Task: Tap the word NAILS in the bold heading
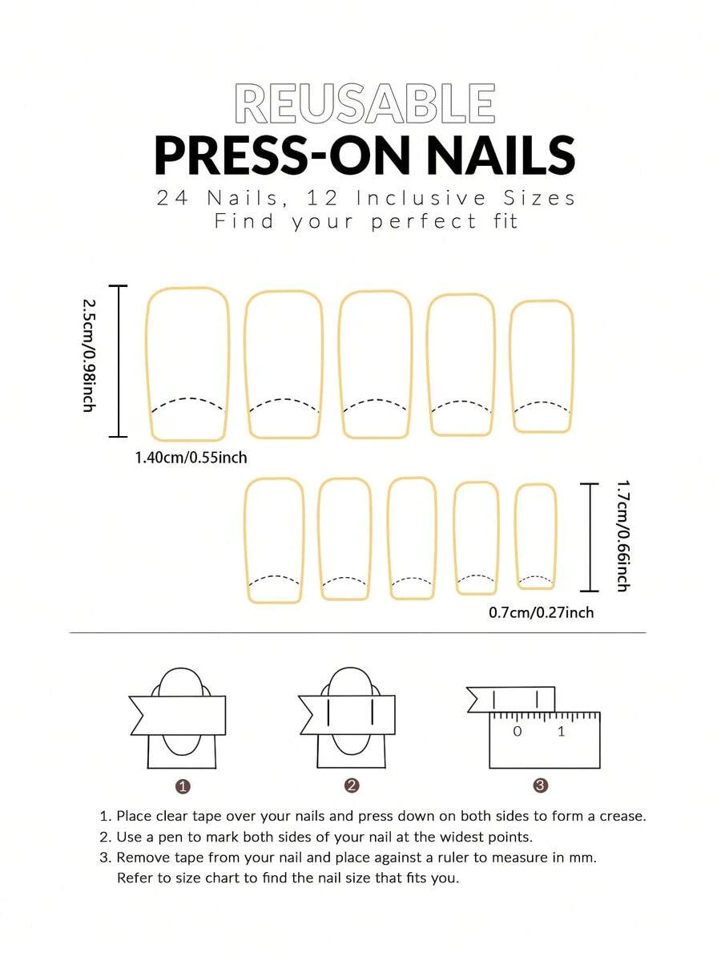(501, 155)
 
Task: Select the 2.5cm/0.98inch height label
(89, 355)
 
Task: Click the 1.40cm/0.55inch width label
(191, 457)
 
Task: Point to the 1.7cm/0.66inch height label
(622, 535)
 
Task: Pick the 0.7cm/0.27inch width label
(541, 612)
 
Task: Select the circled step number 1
(183, 786)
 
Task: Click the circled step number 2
(352, 785)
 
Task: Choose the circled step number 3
(540, 785)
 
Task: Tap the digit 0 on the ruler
(518, 731)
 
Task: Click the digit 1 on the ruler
(561, 731)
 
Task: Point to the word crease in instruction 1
(622, 817)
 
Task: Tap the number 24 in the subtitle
(172, 198)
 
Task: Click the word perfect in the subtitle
(423, 222)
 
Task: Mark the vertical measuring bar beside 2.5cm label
(118, 361)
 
